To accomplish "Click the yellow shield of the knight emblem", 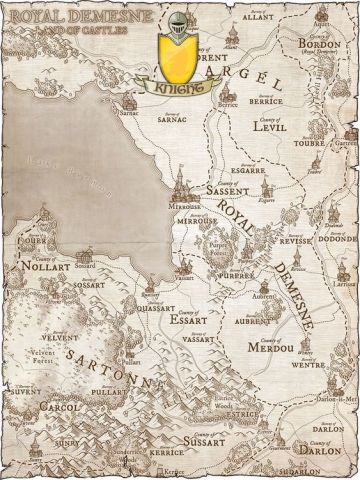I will [x=178, y=56].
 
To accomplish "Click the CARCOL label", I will [x=42, y=409].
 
